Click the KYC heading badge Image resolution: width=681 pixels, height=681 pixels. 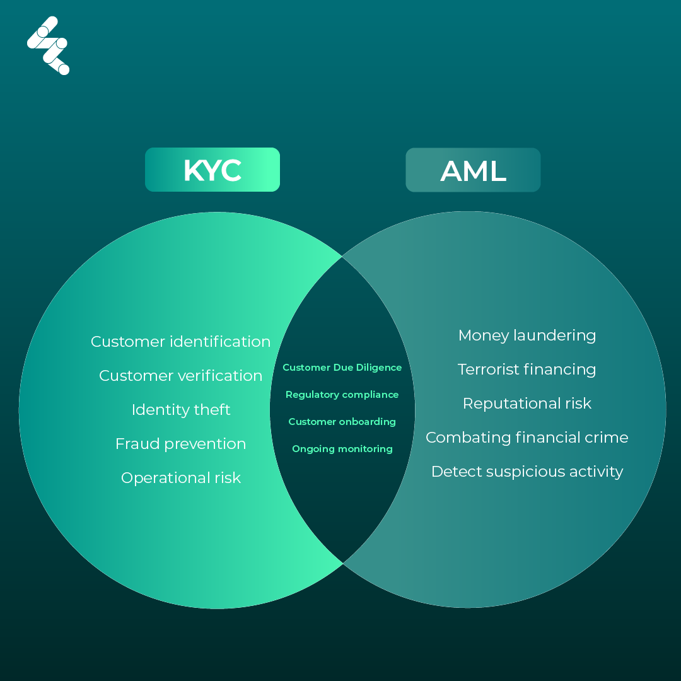pos(212,170)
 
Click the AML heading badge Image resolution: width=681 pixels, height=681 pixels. pos(473,170)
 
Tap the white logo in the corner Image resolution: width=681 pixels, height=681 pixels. pos(48,45)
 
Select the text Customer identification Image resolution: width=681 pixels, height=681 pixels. pos(180,342)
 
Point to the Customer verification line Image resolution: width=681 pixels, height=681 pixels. pos(180,376)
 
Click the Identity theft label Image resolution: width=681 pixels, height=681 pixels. pos(181,410)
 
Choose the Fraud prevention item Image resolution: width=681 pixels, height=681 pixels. pos(180,444)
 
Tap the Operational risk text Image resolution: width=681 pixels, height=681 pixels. pos(181,478)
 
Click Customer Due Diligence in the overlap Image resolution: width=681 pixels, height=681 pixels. pos(342,368)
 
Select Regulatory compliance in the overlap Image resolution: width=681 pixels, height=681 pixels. pos(342,395)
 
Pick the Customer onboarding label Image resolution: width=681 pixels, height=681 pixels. pos(342,422)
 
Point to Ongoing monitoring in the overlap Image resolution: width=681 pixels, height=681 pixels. pos(342,449)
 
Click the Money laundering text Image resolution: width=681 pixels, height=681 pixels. pos(527,335)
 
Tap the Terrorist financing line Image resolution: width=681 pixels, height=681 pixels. pos(527,370)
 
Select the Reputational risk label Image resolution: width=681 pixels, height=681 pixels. pos(527,404)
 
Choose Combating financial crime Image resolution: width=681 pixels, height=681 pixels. pos(527,438)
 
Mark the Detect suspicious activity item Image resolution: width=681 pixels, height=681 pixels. pos(527,472)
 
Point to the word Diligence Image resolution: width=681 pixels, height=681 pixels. pos(379,368)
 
